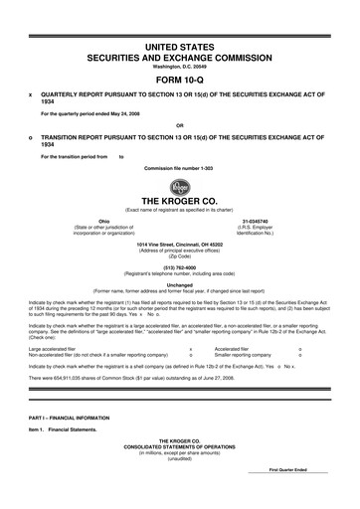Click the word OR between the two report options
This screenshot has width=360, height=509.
179,124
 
